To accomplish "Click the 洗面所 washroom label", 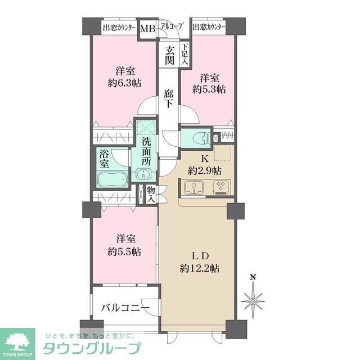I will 146,151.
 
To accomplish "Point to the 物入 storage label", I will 151,195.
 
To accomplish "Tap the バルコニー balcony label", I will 125,308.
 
